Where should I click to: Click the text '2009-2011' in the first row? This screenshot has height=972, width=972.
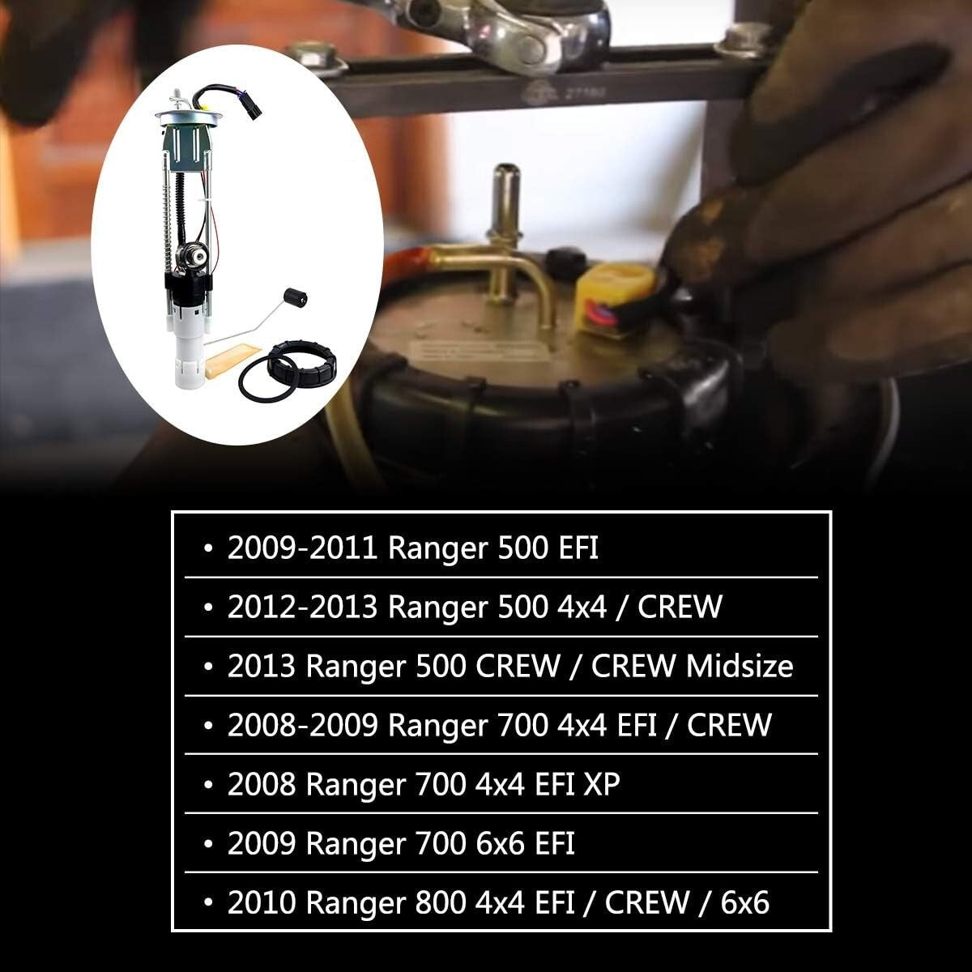[302, 548]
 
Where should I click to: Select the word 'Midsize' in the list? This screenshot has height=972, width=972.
[740, 667]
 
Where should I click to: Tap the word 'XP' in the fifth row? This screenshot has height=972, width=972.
[602, 784]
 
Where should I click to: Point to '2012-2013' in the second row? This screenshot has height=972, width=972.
[302, 607]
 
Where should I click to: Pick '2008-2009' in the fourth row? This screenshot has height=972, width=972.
[302, 725]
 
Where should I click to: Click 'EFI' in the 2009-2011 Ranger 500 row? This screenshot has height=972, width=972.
[578, 548]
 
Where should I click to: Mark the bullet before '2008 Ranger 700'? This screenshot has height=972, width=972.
[209, 784]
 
